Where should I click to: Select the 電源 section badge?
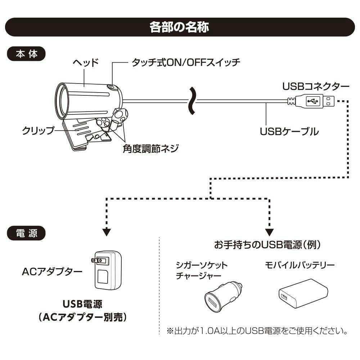pyautogui.click(x=26, y=233)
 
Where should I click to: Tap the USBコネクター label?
pyautogui.click(x=316, y=86)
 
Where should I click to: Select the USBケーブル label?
pyautogui.click(x=289, y=131)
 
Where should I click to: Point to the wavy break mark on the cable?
pyautogui.click(x=193, y=102)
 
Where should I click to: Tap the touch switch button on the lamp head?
pyautogui.click(x=112, y=87)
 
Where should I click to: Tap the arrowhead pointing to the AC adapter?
pyautogui.click(x=107, y=231)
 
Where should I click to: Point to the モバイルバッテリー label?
pyautogui.click(x=300, y=265)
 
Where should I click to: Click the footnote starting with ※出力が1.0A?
pyautogui.click(x=257, y=330)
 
